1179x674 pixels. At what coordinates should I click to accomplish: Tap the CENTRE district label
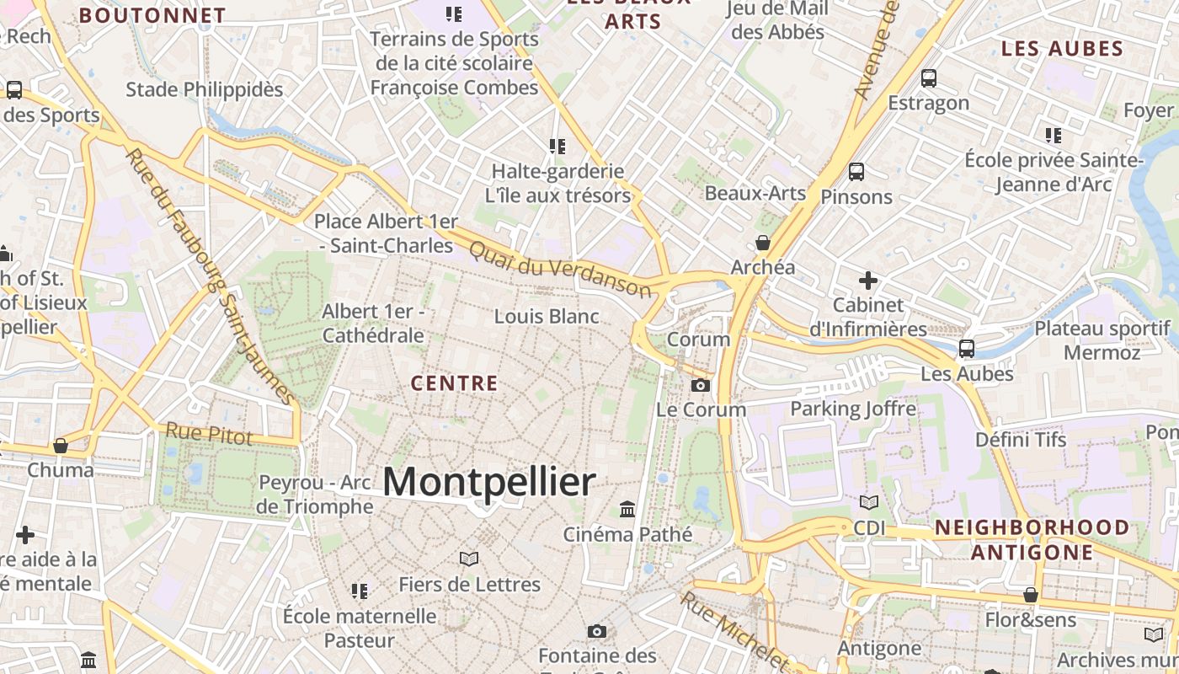pos(455,383)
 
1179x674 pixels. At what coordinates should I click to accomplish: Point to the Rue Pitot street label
pos(209,434)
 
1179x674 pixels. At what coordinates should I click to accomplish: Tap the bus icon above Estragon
pos(929,78)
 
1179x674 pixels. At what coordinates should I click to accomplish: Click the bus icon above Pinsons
pos(856,172)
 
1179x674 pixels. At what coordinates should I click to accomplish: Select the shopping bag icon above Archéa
pos(763,243)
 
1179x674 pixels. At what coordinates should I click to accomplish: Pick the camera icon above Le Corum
pos(700,386)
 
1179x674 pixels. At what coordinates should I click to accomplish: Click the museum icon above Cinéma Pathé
pos(627,509)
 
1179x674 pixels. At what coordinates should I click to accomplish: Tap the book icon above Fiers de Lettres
pos(469,559)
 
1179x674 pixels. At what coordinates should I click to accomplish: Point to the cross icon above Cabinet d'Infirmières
pos(868,280)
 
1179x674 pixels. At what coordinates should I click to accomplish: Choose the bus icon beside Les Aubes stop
pos(967,348)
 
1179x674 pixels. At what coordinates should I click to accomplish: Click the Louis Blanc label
pos(547,317)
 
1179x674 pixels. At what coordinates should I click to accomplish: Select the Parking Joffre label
pos(853,409)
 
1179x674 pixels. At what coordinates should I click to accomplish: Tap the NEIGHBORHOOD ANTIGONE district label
pos(1032,540)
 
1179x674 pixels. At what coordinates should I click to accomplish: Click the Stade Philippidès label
pos(205,89)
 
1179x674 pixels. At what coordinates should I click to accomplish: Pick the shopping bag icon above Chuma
pos(60,445)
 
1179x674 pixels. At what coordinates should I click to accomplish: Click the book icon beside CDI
pos(868,503)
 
